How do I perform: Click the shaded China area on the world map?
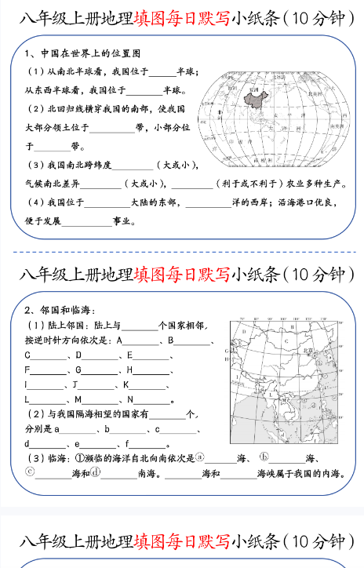pyautogui.click(x=253, y=98)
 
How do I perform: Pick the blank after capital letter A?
pyautogui.click(x=142, y=341)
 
